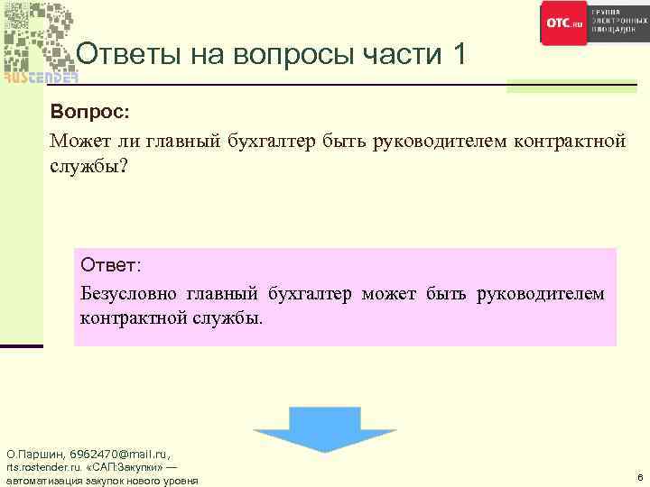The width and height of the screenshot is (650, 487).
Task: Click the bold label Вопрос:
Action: tap(90, 113)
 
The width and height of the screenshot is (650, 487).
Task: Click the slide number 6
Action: tap(639, 478)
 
